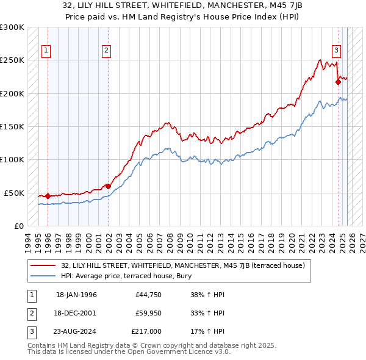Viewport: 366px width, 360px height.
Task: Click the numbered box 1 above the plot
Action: [46, 51]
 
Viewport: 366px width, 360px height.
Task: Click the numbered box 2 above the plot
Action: [106, 51]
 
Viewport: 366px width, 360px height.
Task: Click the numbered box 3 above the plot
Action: [336, 51]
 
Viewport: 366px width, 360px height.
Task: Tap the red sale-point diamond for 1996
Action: [48, 196]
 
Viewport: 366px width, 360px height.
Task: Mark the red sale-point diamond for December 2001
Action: [108, 186]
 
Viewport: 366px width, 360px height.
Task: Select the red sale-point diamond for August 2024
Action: [338, 82]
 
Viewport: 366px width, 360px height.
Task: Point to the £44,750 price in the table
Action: [148, 294]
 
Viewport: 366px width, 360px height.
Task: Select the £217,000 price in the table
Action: [146, 331]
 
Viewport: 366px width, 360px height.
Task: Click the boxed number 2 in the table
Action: [30, 313]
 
